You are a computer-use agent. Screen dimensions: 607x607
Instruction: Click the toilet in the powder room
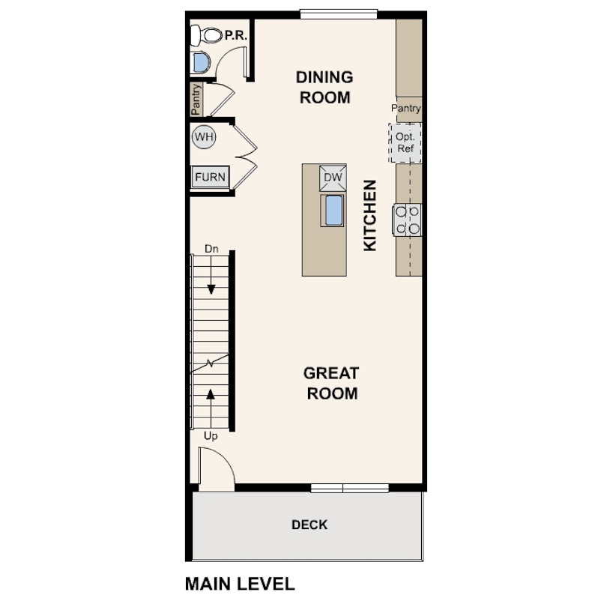pos(206,36)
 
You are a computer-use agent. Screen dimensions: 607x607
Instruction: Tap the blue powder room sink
pos(202,62)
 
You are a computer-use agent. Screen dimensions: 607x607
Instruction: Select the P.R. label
pos(236,36)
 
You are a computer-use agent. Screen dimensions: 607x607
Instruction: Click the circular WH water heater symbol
pos(204,137)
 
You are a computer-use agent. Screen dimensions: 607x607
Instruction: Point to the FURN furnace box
pos(211,178)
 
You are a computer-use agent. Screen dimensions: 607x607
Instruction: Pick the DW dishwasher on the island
pos(333,178)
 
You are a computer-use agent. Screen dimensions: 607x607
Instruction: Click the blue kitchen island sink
pos(333,211)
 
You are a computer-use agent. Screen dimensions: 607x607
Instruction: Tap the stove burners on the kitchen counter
pos(407,220)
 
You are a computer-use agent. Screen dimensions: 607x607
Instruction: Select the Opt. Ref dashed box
pos(405,143)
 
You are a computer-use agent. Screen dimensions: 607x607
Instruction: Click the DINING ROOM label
pos(324,88)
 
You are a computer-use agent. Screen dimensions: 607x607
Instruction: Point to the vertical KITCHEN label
pos(370,215)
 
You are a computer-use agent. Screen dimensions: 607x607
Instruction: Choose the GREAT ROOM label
pos(332,383)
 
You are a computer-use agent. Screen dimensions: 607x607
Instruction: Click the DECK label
pos(309,525)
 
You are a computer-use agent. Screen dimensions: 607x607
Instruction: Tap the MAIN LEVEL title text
pos(240,584)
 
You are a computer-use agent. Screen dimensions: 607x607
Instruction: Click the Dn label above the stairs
pos(211,249)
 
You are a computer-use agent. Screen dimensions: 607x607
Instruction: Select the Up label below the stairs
pos(211,436)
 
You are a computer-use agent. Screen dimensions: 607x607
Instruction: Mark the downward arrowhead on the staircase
pos(211,289)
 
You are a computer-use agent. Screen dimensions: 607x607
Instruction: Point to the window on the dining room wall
pos(339,14)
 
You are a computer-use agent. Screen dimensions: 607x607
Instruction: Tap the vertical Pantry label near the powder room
pos(196,100)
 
